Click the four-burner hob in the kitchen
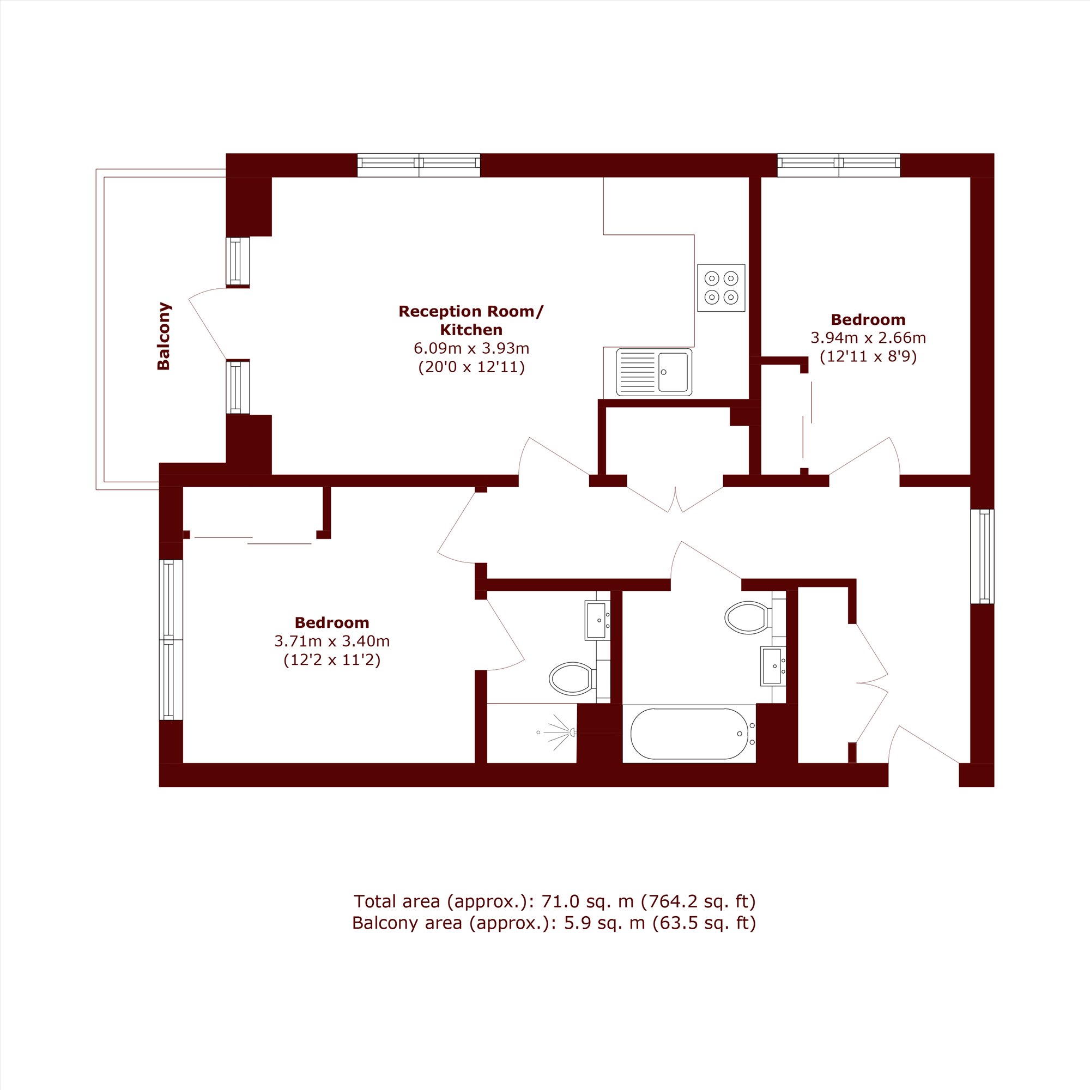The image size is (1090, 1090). tap(721, 288)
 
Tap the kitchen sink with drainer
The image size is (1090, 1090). tap(654, 372)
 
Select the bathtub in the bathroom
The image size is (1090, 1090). tap(689, 734)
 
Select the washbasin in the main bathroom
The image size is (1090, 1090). tap(773, 666)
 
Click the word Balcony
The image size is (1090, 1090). tap(163, 336)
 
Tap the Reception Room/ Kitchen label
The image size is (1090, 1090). tap(471, 320)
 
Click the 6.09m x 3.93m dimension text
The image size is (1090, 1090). tap(471, 348)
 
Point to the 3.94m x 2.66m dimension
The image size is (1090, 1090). tap(868, 338)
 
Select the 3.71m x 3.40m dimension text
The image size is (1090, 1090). tap(332, 641)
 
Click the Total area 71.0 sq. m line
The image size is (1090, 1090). tap(555, 901)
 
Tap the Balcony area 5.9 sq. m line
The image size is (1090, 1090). tap(554, 923)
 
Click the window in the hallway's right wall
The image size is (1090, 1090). tap(982, 556)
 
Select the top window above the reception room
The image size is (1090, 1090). tap(419, 165)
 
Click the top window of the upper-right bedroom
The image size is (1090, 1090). tap(839, 165)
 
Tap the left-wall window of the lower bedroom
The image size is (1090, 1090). tap(171, 640)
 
